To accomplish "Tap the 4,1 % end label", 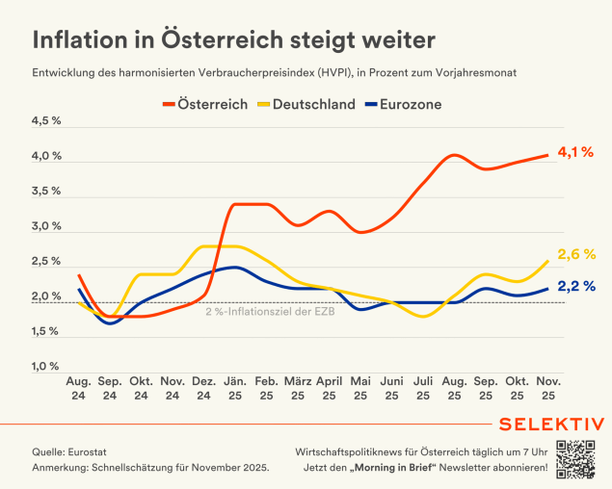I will click(575, 152).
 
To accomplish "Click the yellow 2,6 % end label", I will click(575, 254).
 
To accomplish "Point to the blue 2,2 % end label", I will click(575, 286).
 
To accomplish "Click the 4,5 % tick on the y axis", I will click(47, 121).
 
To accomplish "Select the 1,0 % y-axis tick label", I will click(47, 367).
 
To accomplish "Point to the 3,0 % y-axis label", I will click(47, 227).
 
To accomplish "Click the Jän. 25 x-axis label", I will click(235, 388).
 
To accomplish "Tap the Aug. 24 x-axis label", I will click(78, 388).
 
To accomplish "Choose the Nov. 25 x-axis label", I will click(548, 388).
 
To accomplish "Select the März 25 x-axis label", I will click(298, 388).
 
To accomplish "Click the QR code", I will click(575, 458).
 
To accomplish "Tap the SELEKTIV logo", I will click(552, 425).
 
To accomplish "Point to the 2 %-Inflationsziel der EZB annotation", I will click(271, 310).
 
